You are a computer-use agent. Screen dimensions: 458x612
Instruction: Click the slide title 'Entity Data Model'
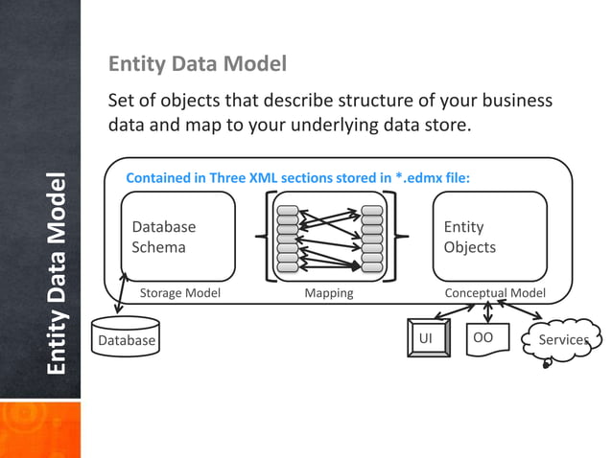(x=197, y=65)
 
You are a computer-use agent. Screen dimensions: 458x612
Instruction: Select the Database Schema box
(x=177, y=237)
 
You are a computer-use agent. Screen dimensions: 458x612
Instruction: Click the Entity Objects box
(x=489, y=237)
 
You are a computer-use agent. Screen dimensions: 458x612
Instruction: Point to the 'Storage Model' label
(x=180, y=293)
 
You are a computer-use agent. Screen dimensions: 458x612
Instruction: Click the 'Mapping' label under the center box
(x=329, y=293)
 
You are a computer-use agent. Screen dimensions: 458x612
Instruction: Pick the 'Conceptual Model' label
(x=495, y=293)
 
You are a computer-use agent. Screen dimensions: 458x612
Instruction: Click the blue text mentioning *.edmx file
(x=297, y=177)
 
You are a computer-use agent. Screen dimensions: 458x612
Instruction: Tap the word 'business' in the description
(x=516, y=102)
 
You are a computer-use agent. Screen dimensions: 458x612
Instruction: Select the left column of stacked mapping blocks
(x=287, y=237)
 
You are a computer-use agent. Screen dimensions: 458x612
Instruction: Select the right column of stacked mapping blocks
(x=371, y=237)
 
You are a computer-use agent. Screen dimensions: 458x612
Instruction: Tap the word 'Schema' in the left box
(x=159, y=247)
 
